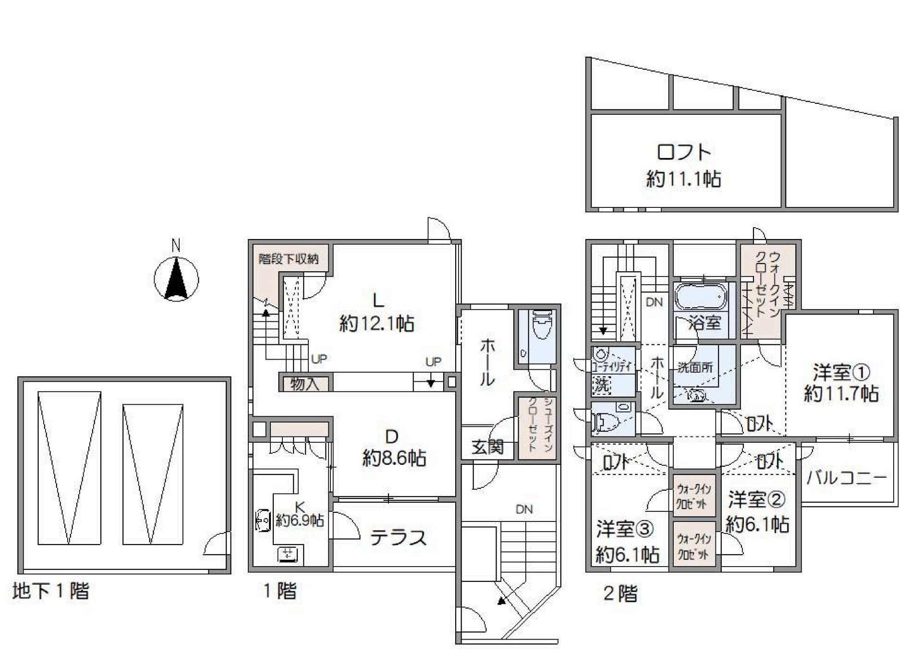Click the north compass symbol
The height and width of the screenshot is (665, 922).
[x=176, y=279]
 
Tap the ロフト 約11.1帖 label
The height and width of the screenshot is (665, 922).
[x=683, y=166]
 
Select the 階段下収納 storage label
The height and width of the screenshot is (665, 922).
[x=289, y=259]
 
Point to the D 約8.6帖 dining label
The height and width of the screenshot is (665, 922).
[x=393, y=448]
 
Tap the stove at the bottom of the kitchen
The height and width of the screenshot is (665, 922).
[x=288, y=554]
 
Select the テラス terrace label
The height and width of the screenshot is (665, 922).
[x=398, y=537]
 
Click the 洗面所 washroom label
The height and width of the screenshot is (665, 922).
[x=695, y=368]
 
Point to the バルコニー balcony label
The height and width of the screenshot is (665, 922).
[x=846, y=478]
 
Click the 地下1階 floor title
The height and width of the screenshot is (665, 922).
[x=51, y=591]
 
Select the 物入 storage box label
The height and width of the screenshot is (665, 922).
[x=304, y=384]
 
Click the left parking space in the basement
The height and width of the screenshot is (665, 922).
[x=69, y=468]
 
